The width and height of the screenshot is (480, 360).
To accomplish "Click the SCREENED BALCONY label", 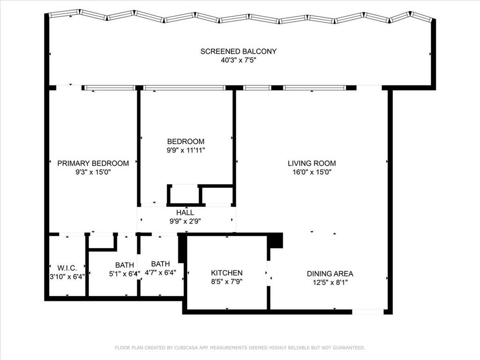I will [x=238, y=51].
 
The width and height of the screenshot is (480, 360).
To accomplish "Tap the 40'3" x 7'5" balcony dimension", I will [x=238, y=60].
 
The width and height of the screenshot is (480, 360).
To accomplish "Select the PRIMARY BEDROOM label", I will [x=93, y=163].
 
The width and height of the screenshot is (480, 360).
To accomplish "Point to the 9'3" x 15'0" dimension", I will [x=93, y=172].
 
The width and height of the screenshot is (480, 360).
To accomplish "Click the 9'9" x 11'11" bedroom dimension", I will [x=186, y=150].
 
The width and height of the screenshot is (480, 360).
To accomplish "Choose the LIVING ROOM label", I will [x=312, y=163].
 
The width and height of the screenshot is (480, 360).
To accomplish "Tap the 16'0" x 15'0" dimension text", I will [x=312, y=172].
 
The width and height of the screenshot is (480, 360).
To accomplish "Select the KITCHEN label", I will [x=226, y=273].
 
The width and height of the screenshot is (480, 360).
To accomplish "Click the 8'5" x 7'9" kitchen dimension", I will [x=226, y=282].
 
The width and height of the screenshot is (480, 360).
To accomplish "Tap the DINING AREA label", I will [x=330, y=274].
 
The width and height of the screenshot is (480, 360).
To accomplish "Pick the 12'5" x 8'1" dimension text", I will [x=330, y=282].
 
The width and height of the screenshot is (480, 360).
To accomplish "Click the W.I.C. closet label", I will [x=67, y=268].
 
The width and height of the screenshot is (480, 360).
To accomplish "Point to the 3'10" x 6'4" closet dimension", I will [x=67, y=277].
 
